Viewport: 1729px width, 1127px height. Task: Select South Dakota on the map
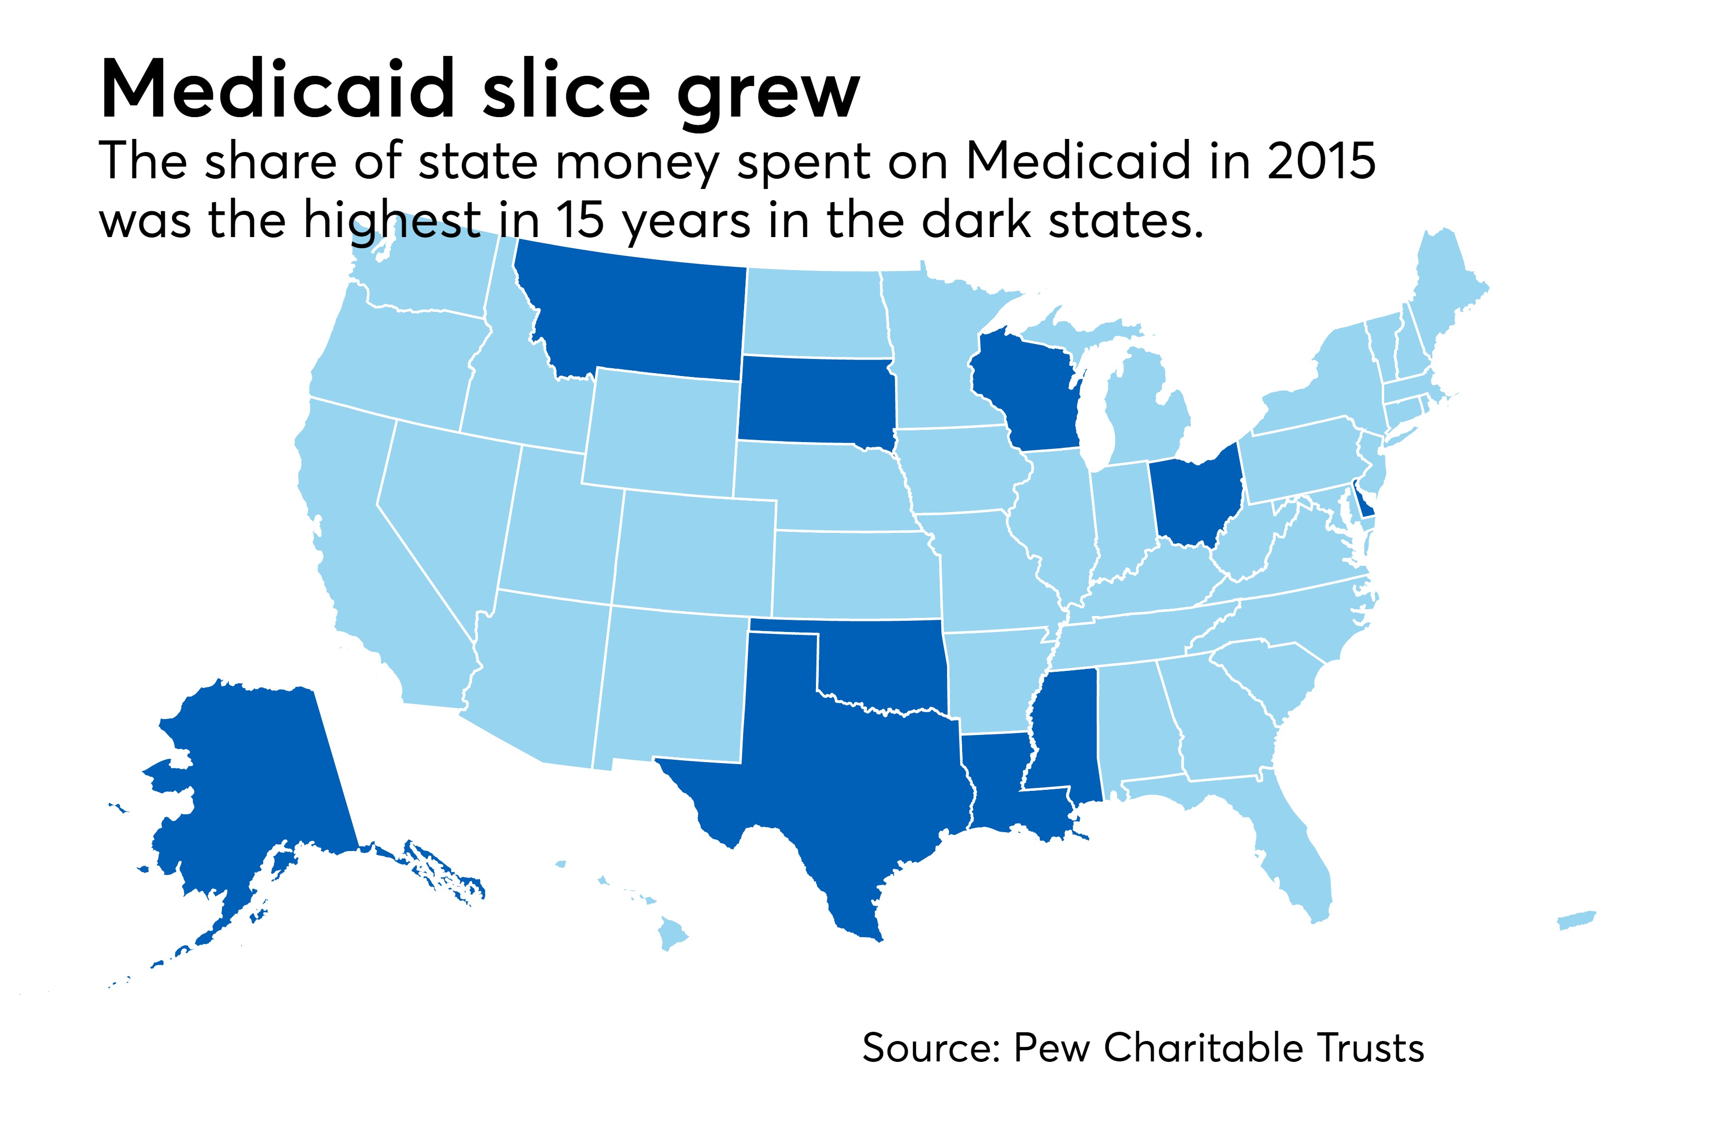click(x=814, y=400)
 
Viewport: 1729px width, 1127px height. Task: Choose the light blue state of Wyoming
click(x=661, y=429)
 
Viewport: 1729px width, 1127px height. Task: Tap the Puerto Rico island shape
click(x=1576, y=921)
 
